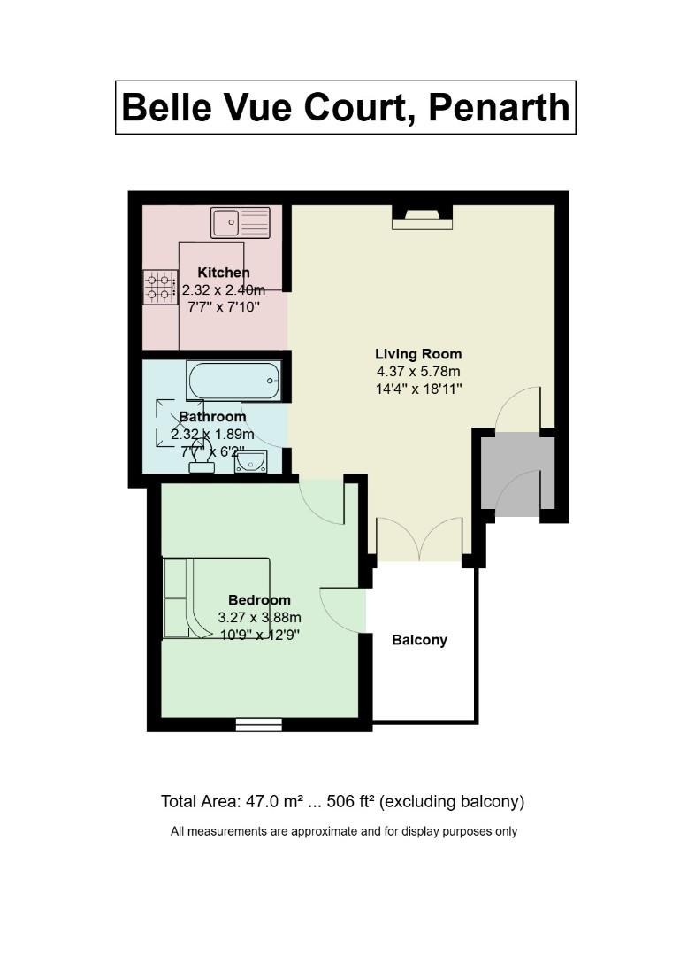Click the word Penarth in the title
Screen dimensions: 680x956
click(499, 108)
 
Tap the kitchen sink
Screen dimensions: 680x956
click(241, 222)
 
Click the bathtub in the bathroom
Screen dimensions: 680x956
click(234, 381)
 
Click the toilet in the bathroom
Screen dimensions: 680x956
click(202, 458)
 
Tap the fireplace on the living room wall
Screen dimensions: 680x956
click(423, 218)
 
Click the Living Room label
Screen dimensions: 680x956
click(418, 353)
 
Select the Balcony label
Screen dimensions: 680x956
click(420, 640)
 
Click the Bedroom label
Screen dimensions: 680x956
click(260, 600)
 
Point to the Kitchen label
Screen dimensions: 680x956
click(224, 273)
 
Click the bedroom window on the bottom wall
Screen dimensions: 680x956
click(259, 724)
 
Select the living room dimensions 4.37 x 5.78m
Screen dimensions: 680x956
click(418, 371)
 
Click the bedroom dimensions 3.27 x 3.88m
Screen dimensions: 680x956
click(260, 618)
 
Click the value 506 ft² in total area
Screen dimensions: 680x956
click(350, 801)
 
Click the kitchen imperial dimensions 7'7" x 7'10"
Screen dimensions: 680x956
click(225, 306)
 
